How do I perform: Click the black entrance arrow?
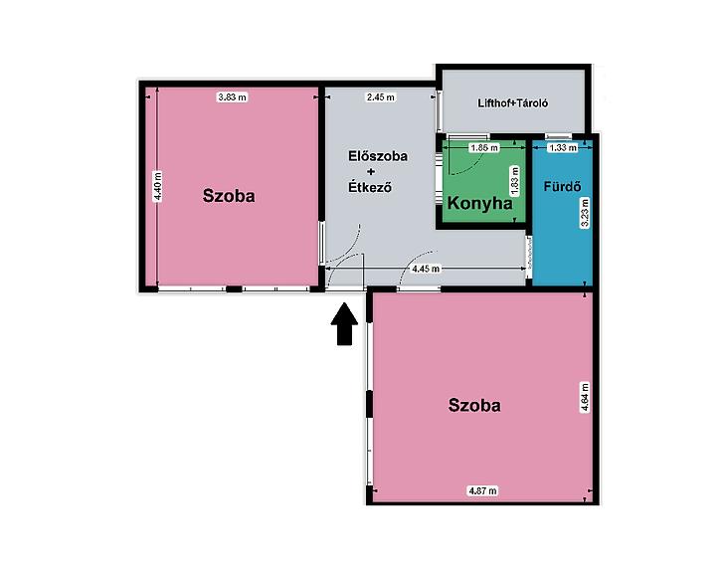pos(344,323)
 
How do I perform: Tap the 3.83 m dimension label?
pos(233,97)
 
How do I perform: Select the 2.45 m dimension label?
pos(381,97)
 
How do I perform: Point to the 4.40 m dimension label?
pos(158,186)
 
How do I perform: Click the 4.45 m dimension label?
pos(426,269)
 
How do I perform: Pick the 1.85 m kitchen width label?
pos(484,148)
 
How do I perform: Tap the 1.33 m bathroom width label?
pos(563,148)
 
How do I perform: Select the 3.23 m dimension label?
pos(585,213)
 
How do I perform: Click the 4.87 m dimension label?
pos(483,491)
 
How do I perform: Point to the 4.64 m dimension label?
pos(585,397)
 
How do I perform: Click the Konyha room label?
pos(480,203)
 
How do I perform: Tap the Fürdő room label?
pos(562,187)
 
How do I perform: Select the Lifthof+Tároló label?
pos(512,102)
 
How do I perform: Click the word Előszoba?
pos(378,156)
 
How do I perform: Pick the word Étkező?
pos(370,187)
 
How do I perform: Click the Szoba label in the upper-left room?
pos(229,196)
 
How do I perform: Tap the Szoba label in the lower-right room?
pos(474,406)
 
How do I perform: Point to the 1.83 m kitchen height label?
pos(515,181)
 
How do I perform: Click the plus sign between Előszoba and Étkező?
pos(370,172)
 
